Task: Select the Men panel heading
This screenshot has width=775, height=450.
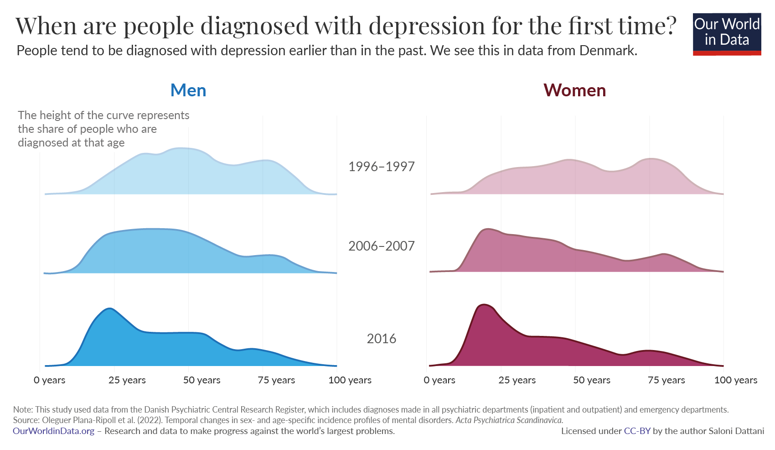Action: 188,90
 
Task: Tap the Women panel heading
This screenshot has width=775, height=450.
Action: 574,90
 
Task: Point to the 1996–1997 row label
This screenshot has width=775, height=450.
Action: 381,167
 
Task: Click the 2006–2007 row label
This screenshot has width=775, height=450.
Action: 381,246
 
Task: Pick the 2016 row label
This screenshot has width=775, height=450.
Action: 381,339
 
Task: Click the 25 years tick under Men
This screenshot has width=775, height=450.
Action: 127,380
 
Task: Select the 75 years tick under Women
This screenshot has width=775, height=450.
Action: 666,380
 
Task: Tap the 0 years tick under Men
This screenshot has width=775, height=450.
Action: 49,380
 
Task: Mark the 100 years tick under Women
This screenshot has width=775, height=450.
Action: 735,380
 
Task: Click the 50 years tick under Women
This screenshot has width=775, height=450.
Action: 591,380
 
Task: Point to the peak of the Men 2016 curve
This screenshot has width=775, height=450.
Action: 109,309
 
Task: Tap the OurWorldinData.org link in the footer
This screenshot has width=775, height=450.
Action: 53,431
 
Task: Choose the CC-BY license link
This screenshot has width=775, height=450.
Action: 637,431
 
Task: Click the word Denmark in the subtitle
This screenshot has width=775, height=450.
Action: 607,50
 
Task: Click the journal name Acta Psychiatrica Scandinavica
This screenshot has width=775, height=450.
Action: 509,420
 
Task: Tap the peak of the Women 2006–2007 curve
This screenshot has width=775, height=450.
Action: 488,229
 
